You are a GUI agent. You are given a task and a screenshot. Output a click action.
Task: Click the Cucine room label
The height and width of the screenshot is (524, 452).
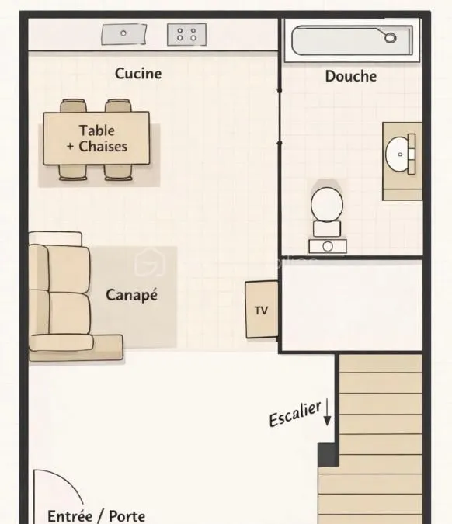[x=138, y=74]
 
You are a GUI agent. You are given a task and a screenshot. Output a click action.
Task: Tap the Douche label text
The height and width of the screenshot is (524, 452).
[x=351, y=76]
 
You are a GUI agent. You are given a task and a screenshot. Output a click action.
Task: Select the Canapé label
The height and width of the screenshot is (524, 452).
[x=131, y=295]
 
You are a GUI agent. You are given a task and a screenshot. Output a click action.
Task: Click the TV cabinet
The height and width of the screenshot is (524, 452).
[x=262, y=310]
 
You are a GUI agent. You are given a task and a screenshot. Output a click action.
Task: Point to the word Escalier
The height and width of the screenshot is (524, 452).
[x=295, y=414]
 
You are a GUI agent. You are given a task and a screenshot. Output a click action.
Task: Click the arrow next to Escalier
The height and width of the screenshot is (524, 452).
[x=327, y=412]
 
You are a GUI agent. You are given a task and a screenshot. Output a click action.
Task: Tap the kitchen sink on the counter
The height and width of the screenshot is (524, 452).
[x=124, y=33]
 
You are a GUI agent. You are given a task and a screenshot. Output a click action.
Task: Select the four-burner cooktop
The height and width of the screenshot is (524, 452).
[x=186, y=34]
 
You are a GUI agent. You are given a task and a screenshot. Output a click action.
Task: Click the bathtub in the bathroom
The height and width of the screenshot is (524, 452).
[x=352, y=40]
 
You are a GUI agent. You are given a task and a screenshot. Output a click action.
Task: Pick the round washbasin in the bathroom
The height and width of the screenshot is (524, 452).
[x=397, y=154]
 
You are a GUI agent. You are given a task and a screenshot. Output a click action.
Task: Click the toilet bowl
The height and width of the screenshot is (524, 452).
[x=327, y=204]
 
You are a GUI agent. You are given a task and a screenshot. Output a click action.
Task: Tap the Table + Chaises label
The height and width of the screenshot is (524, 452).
[x=97, y=138]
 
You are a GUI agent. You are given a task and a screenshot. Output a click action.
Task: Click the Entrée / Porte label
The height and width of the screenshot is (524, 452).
[x=96, y=516]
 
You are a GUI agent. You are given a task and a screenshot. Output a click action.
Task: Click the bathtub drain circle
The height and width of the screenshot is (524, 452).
[x=390, y=37]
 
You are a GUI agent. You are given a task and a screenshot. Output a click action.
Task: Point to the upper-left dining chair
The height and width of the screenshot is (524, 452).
[x=73, y=106]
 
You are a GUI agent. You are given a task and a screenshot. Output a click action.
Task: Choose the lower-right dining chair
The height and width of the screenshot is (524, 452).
[x=118, y=172]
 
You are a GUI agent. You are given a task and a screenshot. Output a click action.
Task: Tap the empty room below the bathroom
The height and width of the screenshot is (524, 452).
[x=352, y=305]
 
